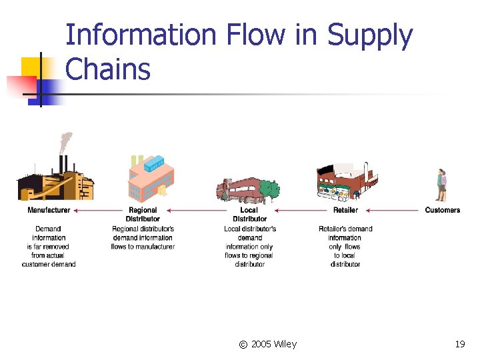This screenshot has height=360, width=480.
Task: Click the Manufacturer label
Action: coord(49,210)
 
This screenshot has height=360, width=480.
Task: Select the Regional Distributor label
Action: coord(143,214)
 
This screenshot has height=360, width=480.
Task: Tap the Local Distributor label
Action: coord(250,214)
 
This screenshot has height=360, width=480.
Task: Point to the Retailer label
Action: coord(345,210)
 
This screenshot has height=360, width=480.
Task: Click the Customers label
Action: coord(443,210)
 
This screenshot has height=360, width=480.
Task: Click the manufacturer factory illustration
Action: coord(53,180)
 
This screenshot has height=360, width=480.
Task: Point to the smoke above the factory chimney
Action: coord(65,142)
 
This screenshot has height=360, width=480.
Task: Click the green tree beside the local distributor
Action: coord(269,190)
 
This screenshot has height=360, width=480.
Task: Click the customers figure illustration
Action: coord(441,185)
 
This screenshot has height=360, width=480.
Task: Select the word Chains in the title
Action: coord(108,69)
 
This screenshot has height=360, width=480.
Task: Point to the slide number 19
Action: coord(459,344)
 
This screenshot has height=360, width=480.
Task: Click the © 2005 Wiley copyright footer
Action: coord(267,344)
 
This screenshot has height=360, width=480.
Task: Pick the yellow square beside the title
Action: coord(32,67)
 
